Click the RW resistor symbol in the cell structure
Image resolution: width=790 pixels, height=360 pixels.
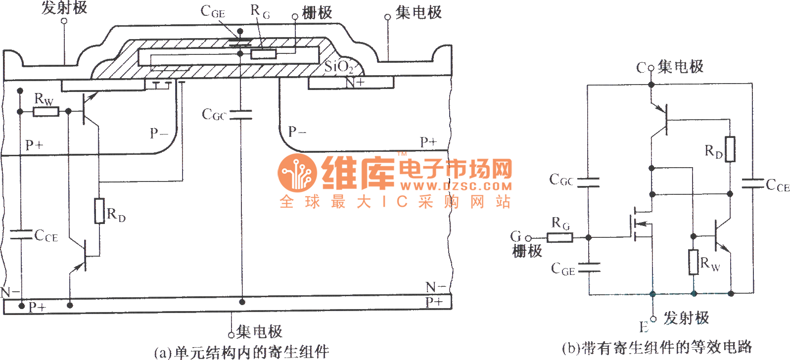pos(46,112)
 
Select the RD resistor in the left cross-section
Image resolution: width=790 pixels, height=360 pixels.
pos(99,211)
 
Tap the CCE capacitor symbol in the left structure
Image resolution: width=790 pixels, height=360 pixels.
pos(21,234)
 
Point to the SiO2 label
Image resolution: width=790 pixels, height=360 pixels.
pos(338,66)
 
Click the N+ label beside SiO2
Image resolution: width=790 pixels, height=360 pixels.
pos(355,82)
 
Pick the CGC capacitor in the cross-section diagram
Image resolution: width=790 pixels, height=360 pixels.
pos(241,115)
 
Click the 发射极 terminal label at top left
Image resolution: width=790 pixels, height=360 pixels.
pos(64,7)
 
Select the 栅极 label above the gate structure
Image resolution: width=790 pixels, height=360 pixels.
pos(317,12)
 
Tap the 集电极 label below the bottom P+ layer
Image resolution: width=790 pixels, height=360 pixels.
pos(259,331)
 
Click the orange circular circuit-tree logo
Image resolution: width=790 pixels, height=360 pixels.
pos(297,173)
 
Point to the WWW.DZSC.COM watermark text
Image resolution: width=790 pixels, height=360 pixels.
pos(456,186)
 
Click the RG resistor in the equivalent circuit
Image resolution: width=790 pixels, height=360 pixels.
pos(559,237)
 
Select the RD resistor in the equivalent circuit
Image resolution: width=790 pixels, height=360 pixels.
pos(730,149)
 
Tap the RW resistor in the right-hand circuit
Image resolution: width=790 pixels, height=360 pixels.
pos(694,262)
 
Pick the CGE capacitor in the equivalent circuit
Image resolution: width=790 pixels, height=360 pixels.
pos(589,268)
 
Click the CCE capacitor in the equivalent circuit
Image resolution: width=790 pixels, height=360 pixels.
pos(752,184)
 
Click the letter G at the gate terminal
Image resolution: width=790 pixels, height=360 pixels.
pos(516,236)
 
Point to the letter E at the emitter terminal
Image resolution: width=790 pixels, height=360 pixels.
pos(644,327)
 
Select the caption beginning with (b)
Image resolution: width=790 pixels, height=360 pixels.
pos(656,348)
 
